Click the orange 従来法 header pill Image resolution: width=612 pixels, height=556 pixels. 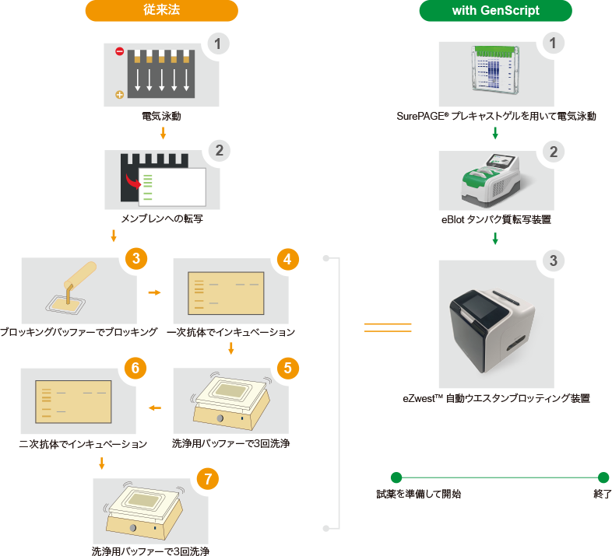tap(162, 11)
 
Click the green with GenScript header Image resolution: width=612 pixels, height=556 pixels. tap(496, 11)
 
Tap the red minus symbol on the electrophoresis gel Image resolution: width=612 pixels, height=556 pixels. tap(119, 51)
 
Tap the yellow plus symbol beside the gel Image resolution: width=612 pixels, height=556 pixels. tap(119, 95)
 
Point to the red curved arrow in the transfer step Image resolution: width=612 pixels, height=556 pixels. tap(132, 181)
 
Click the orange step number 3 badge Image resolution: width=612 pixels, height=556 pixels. tap(136, 258)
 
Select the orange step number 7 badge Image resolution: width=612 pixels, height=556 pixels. tap(208, 479)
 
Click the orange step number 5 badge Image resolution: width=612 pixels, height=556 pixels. tap(287, 368)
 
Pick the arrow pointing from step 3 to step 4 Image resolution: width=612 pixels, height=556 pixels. tap(155, 292)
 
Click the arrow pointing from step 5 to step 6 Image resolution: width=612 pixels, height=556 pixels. tap(155, 407)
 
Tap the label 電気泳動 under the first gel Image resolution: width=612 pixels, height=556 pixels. tap(161, 116)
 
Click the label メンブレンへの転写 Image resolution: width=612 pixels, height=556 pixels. tap(162, 219)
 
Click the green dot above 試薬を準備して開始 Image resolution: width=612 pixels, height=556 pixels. tap(396, 477)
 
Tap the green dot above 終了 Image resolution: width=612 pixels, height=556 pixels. tap(603, 477)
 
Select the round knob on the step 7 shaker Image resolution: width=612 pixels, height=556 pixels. tap(133, 528)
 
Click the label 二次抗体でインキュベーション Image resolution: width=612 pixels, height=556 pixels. tap(83, 444)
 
